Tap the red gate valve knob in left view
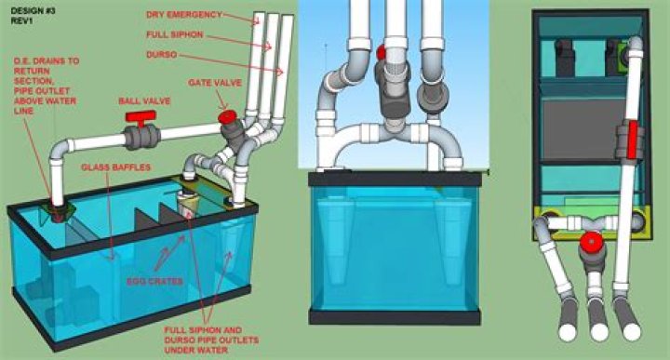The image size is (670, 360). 227,117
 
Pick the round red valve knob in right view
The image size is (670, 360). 587,245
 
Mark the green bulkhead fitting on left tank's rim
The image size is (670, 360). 59,208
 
